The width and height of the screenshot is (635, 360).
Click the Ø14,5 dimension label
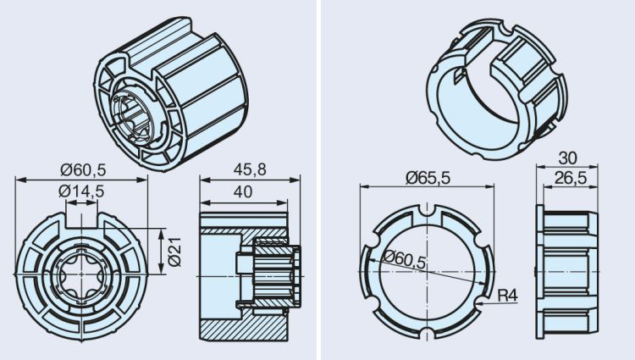pyautogui.click(x=81, y=191)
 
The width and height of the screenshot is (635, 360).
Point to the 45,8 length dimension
pyautogui.click(x=251, y=169)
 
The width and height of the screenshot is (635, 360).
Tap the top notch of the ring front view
pyautogui.click(x=428, y=210)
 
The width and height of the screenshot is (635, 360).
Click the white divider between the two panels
pyautogui.click(x=317, y=180)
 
